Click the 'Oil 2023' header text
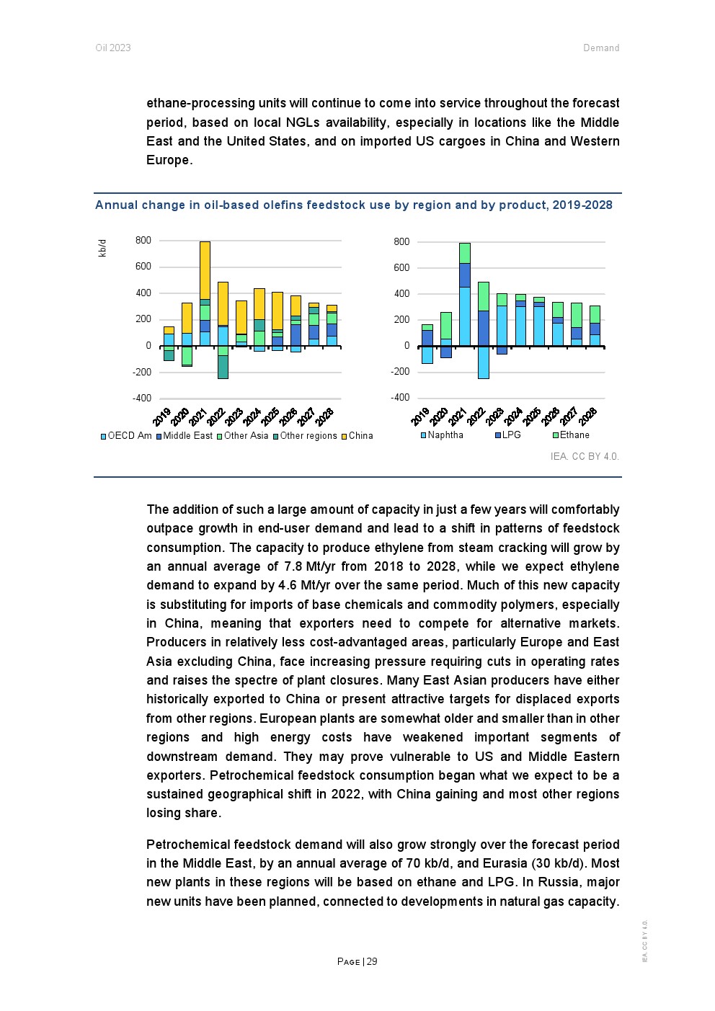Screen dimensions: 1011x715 (113, 48)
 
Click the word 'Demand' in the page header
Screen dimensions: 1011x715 (601, 48)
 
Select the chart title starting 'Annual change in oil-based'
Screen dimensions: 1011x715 (353, 205)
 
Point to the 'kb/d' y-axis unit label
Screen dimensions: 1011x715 (102, 248)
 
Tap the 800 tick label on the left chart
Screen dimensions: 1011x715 (143, 241)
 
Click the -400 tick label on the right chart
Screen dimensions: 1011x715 (400, 398)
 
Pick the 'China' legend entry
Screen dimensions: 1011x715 (360, 436)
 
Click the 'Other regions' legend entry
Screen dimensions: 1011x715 (308, 436)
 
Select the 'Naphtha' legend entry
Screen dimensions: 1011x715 (445, 435)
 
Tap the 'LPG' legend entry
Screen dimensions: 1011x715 (511, 435)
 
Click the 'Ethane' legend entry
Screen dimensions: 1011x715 (574, 435)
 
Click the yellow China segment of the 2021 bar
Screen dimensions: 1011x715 (205, 270)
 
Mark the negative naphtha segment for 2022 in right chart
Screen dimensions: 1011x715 (483, 362)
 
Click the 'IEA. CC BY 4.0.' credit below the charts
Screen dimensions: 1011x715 (585, 457)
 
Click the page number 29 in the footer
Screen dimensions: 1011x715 (372, 962)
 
